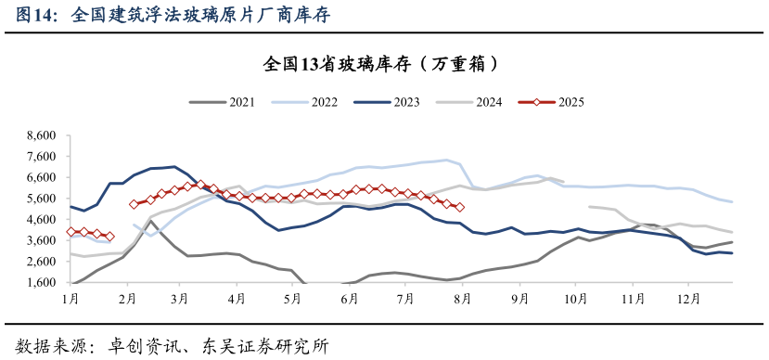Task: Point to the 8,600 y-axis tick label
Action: tap(41, 135)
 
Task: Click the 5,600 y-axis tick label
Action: tap(41, 199)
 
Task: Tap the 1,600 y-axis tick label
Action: tap(41, 283)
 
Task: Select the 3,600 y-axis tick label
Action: tap(41, 241)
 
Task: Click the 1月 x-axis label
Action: tap(70, 299)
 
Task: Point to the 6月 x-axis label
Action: tap(350, 299)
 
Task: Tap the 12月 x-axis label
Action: tap(687, 299)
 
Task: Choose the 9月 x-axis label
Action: tap(519, 299)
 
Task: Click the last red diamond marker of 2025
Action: tap(460, 207)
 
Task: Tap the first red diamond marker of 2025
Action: tap(71, 231)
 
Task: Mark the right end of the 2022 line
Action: tap(732, 201)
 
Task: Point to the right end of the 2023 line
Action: tap(732, 252)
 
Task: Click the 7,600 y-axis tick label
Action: tap(41, 157)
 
